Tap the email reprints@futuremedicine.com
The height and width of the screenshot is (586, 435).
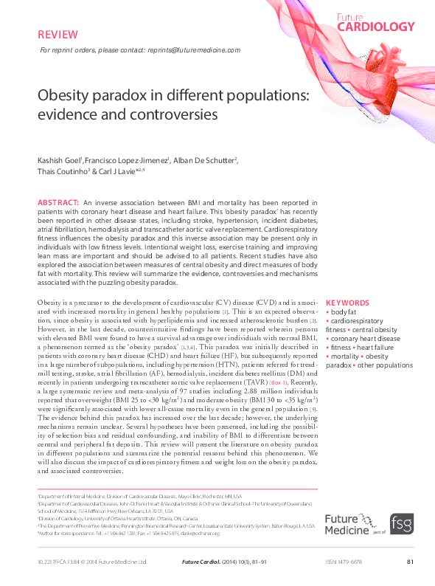199,50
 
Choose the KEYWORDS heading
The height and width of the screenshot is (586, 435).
347,303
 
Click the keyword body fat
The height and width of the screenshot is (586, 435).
344,312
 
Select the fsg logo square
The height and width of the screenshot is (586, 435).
401,524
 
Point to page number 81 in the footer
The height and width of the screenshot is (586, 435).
410,562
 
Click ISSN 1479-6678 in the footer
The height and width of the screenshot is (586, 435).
344,562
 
